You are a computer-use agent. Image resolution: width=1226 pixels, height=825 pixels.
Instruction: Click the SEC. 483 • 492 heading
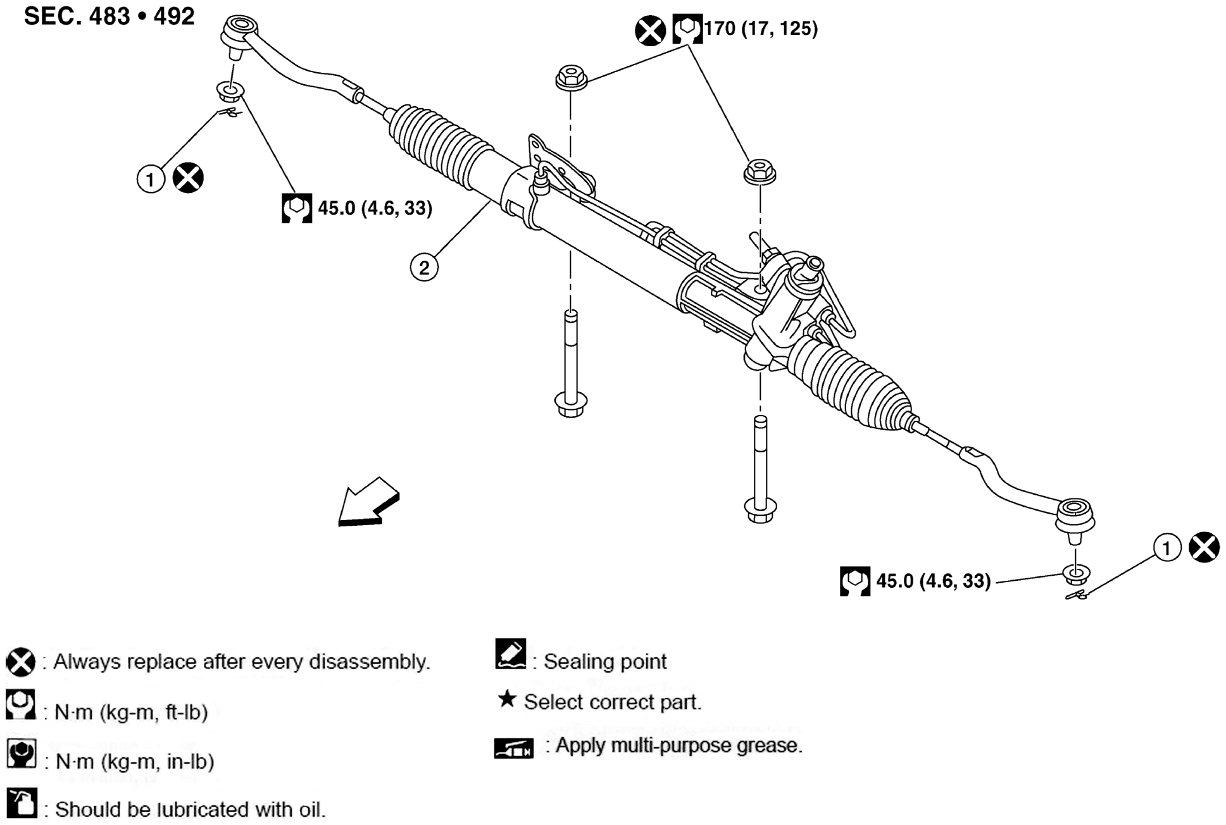109,16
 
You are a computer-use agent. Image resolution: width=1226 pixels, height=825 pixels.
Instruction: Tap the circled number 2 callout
424,267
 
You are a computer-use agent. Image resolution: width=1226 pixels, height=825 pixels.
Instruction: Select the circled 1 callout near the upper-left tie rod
151,179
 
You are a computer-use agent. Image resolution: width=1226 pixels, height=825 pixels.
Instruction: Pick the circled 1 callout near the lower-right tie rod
1167,547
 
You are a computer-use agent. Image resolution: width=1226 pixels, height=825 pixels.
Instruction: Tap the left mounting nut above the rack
571,78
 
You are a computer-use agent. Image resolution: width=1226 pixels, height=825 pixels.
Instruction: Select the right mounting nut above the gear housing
760,172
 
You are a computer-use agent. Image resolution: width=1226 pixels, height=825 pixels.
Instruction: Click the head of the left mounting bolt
571,403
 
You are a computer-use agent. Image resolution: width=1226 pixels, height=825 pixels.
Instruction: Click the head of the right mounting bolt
760,509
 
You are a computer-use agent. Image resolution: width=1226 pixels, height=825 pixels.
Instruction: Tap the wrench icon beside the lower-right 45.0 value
854,581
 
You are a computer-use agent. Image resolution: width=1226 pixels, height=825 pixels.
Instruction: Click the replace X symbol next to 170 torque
650,30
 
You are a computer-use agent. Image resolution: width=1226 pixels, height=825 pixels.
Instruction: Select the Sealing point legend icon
510,655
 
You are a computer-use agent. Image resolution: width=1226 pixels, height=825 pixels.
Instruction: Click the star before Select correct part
506,699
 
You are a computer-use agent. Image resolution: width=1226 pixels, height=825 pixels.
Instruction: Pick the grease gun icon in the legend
513,748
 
